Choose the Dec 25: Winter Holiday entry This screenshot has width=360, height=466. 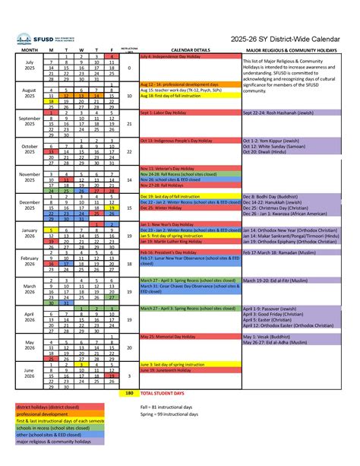[x=163, y=206]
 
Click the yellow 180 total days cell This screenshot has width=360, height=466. [x=129, y=393]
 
